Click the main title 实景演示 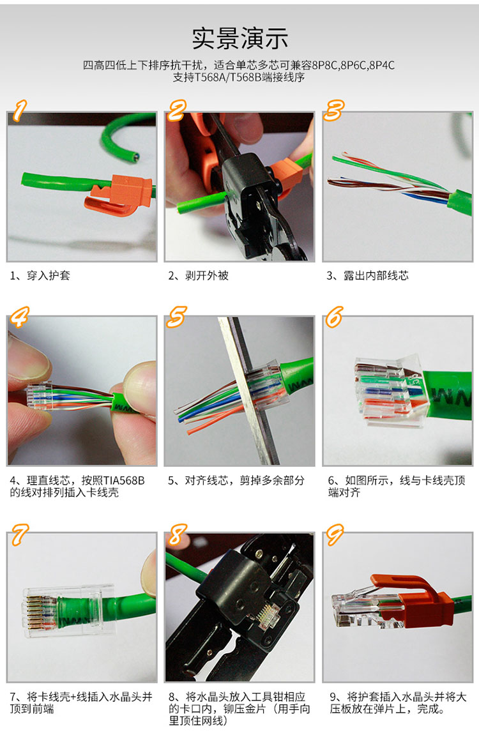[240, 38]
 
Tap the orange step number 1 [19, 110]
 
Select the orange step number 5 [176, 316]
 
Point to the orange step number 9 [334, 534]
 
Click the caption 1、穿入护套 [40, 275]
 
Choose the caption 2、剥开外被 [199, 275]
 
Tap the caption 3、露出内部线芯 [367, 275]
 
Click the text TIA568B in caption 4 [124, 480]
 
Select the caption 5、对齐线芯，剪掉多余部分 [236, 480]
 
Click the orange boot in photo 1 [121, 194]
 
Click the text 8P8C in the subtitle [324, 65]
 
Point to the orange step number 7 [19, 534]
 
